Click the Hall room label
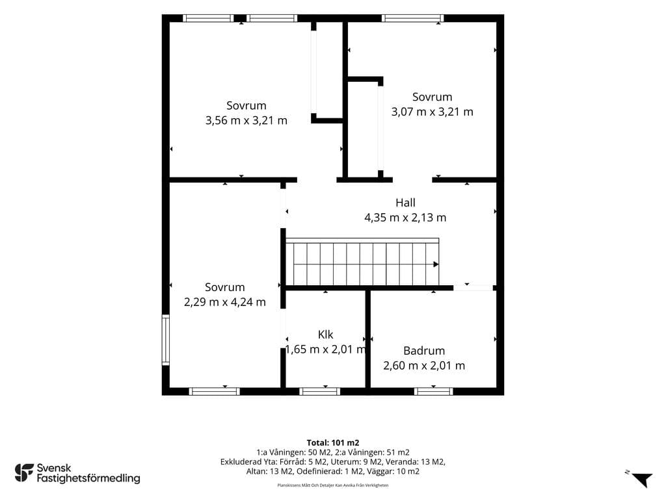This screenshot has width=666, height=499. tap(405, 203)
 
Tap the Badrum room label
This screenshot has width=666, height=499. tap(424, 351)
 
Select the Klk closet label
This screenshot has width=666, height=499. tap(325, 335)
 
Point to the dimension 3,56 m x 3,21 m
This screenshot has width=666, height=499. tap(246, 120)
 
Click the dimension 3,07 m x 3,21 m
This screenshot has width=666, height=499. tap(432, 112)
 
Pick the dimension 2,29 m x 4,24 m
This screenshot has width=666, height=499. tap(224, 302)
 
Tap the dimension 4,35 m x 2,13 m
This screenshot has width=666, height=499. tap(405, 218)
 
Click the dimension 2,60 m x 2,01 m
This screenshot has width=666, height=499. tap(424, 366)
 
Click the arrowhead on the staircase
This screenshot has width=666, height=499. tap(436, 264)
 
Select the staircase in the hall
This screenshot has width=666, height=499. tap(362, 262)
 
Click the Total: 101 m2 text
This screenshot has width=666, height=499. tap(333, 443)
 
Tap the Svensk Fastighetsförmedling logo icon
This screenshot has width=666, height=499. tap(24, 473)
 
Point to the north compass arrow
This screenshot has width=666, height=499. tap(642, 480)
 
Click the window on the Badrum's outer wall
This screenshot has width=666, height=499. tap(434, 391)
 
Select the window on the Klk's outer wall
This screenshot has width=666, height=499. tap(320, 391)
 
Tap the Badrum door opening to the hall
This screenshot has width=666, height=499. tap(473, 288)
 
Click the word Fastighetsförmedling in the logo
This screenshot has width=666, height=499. tap(88, 479)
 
